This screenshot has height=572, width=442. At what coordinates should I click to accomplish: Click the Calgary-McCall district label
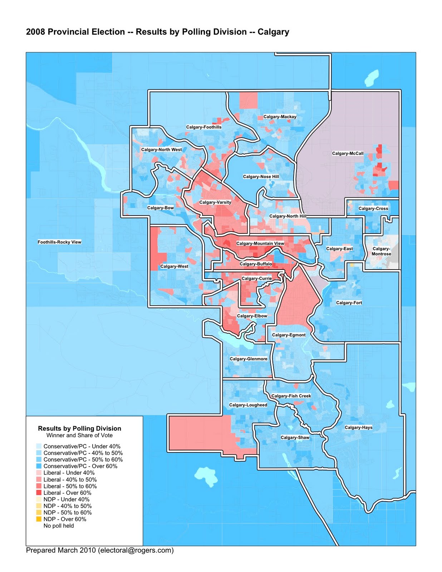pos(348,153)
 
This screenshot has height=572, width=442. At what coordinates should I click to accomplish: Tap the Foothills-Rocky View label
pos(59,242)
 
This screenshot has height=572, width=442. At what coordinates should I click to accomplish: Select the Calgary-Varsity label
pos(215,202)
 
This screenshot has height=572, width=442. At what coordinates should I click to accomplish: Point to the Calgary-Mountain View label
pos(260,243)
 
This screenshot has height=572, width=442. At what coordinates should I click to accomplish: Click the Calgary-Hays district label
pos(358,428)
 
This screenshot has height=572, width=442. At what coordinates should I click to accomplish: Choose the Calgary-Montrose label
pos(381,251)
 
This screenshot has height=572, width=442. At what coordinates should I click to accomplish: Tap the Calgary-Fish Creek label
pos(291,396)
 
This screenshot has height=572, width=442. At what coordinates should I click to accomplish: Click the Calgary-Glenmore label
pos(248,359)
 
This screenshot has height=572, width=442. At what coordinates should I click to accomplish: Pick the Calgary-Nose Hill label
pos(261,177)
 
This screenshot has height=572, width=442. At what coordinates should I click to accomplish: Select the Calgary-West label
pos(174,266)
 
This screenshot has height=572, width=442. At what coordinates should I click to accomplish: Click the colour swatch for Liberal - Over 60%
pos(39,493)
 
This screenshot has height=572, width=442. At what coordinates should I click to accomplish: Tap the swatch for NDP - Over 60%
pos(39,519)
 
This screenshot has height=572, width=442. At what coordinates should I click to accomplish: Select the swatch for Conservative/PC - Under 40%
pos(39,447)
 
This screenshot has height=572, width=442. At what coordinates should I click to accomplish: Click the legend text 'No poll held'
pos(59,526)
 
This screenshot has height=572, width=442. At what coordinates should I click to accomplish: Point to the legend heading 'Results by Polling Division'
pos(79,428)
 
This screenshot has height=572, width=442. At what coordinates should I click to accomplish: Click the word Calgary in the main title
pos(273,32)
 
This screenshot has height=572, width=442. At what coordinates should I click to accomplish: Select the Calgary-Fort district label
pos(349,303)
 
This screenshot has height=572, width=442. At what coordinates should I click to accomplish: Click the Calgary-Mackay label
pos(280,117)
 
